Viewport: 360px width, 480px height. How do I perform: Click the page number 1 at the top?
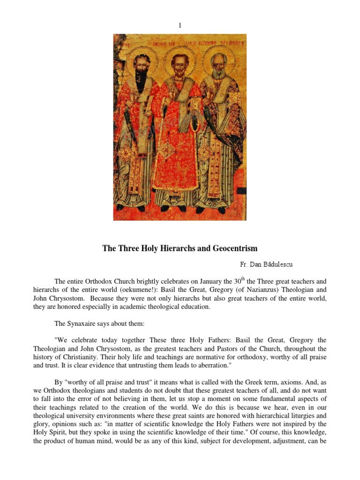click(x=180, y=25)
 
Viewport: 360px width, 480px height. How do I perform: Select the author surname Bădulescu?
click(x=276, y=265)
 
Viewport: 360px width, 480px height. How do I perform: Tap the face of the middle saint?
click(x=180, y=65)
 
